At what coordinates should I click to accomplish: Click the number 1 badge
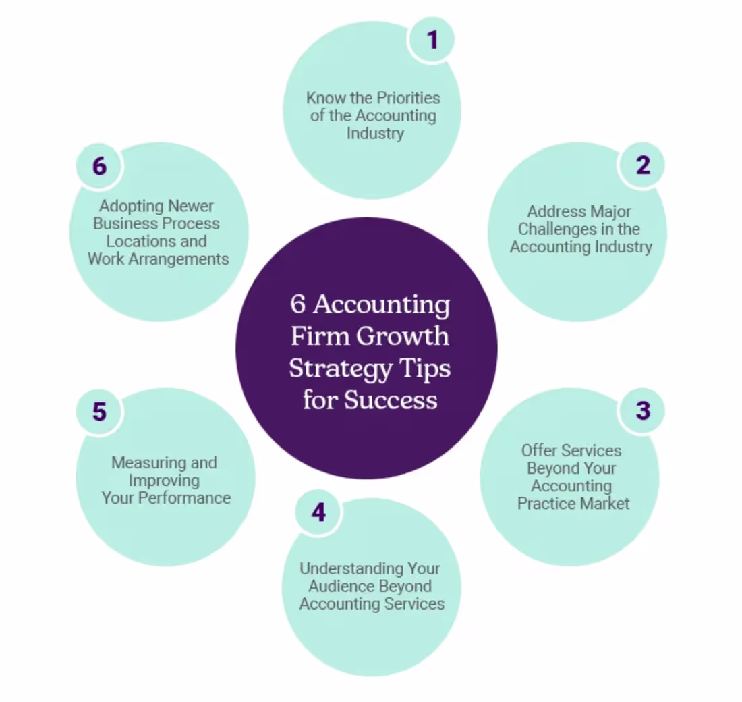[x=432, y=39]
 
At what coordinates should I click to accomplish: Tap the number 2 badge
[x=642, y=165]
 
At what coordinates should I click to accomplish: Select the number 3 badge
[x=642, y=410]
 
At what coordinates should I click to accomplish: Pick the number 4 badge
[x=318, y=512]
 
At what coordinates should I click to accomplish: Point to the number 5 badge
[x=99, y=411]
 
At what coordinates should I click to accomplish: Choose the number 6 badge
[x=99, y=166]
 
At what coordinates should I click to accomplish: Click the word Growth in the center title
[x=402, y=336]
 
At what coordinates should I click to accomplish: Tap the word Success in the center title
[x=391, y=400]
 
